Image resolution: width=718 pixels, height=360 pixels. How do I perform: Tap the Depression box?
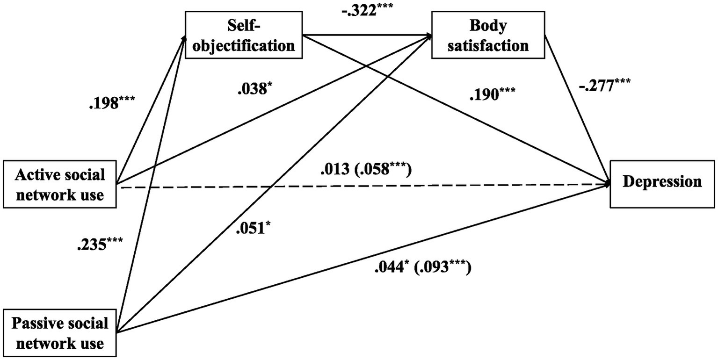[x=662, y=182]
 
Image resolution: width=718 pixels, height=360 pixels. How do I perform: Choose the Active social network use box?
[x=59, y=185]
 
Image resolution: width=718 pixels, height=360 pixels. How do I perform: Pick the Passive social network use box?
[x=59, y=333]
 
